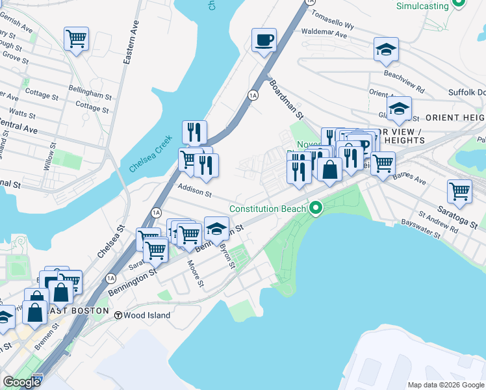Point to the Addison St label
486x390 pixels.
pyautogui.click(x=195, y=193)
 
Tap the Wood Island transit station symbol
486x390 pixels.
pyautogui.click(x=119, y=315)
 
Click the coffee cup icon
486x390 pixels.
pyautogui.click(x=264, y=40)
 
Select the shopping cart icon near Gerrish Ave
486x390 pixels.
pyautogui.click(x=76, y=39)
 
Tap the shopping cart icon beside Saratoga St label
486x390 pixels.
pyautogui.click(x=459, y=192)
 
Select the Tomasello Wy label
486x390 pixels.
pyautogui.click(x=331, y=19)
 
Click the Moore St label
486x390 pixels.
pyautogui.click(x=196, y=275)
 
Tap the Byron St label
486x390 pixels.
pyautogui.click(x=227, y=254)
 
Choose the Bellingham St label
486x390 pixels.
pyautogui.click(x=90, y=94)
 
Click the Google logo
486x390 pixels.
pyautogui.click(x=22, y=383)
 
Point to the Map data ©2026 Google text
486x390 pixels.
pyautogui.click(x=445, y=385)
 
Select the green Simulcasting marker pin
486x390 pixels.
pyautogui.click(x=459, y=3)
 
